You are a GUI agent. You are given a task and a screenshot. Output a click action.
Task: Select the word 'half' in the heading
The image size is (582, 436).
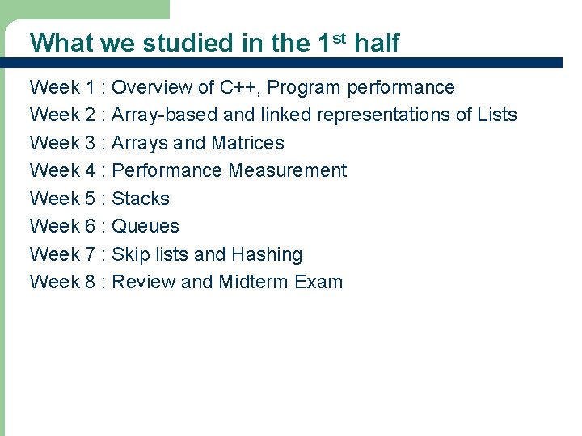point(377,43)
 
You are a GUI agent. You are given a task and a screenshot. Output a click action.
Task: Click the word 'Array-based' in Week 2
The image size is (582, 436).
point(160,115)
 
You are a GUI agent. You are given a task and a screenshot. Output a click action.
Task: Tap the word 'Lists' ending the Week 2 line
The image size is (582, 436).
point(497,115)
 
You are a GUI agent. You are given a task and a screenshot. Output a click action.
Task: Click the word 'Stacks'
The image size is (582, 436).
point(141,199)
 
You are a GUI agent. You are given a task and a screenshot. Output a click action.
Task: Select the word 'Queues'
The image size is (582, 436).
point(145,226)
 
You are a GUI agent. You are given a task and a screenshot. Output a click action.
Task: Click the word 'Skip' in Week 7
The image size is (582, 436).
point(128,254)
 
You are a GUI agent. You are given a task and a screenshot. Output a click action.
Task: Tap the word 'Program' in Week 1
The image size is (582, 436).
point(307,88)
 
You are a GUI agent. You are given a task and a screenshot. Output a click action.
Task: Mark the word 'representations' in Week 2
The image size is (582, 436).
point(384,115)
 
